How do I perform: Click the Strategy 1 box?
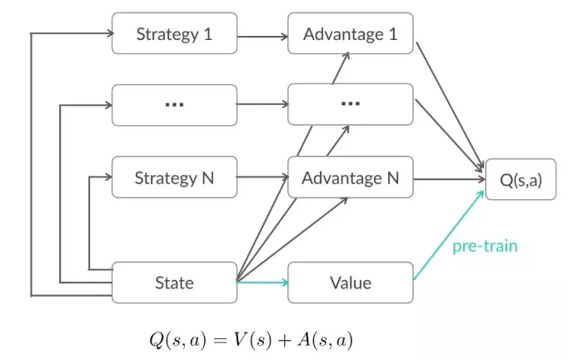175,33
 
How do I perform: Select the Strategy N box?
175,177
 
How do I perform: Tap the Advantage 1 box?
351,33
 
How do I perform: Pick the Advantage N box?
351,177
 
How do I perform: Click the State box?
175,282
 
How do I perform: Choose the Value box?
351,282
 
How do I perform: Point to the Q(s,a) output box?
521,179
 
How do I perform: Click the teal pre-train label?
485,246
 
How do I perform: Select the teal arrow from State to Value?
262,282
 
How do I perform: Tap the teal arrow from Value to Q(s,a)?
449,235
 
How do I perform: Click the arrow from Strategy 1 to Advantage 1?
262,37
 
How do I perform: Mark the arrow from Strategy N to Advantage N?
262,177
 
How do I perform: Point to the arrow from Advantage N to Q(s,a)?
449,179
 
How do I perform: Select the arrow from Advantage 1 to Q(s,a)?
450,105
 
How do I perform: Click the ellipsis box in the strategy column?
175,105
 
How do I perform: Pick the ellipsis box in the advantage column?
351,104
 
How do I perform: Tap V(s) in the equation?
252,340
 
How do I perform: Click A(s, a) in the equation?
325,340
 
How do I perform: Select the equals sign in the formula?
220,341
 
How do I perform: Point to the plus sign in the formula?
285,341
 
